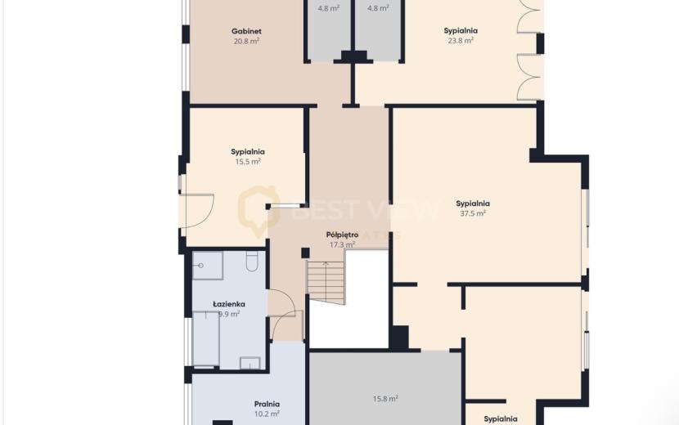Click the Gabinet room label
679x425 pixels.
tap(246, 31)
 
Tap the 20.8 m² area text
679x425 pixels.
tap(246, 41)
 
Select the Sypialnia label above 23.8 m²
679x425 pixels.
tap(461, 31)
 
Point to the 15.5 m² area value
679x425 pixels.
tap(248, 162)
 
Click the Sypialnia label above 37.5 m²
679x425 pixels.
tap(473, 204)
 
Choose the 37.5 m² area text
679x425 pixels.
tap(473, 213)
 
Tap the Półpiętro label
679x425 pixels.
tap(342, 235)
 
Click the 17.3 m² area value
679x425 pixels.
tap(342, 245)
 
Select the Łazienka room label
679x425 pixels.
tap(228, 304)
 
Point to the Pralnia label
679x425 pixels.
tap(267, 405)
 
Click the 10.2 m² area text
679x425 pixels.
tap(267, 414)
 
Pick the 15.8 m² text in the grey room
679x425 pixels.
tap(385, 399)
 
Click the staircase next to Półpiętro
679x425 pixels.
tap(326, 282)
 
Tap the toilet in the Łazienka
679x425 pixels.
tap(252, 262)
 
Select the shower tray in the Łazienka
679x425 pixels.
tap(208, 266)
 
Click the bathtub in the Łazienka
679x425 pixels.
tap(206, 339)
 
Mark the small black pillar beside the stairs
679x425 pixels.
tap(305, 253)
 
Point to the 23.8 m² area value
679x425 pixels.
tap(461, 41)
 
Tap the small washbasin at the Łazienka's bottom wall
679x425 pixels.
tap(250, 363)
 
